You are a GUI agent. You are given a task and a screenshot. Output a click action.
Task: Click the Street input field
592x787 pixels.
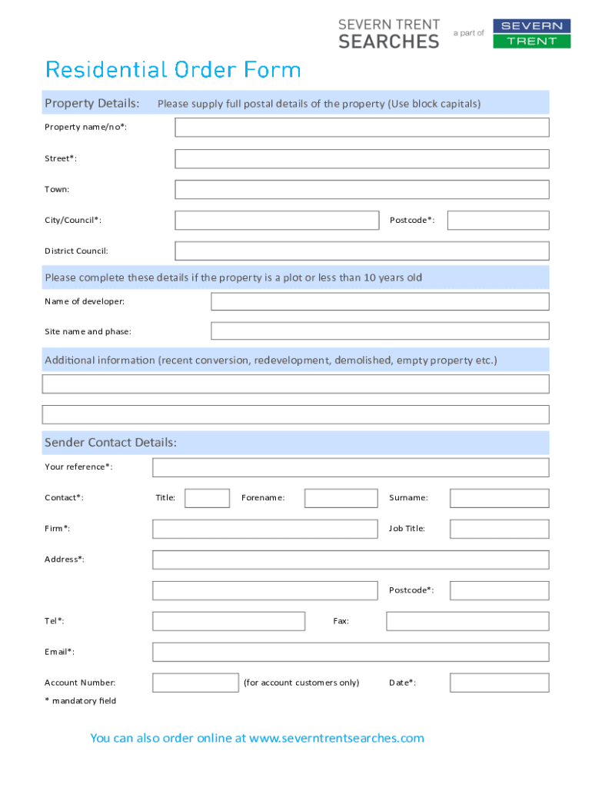pyautogui.click(x=361, y=159)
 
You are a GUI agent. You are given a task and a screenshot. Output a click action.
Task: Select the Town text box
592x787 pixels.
pyautogui.click(x=361, y=190)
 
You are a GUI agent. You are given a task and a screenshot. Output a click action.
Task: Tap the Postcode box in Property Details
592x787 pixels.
pyautogui.click(x=498, y=221)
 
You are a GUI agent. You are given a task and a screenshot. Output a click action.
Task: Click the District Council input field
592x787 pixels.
pyautogui.click(x=361, y=251)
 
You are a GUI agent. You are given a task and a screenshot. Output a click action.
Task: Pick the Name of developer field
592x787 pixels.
pyautogui.click(x=380, y=301)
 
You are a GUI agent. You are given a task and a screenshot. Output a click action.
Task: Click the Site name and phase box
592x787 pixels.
pyautogui.click(x=380, y=331)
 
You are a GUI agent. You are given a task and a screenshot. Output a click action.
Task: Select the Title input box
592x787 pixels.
pyautogui.click(x=207, y=498)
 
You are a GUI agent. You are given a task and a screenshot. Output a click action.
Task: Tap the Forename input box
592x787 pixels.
pyautogui.click(x=341, y=498)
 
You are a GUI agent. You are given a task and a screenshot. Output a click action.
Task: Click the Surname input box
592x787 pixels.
pyautogui.click(x=499, y=498)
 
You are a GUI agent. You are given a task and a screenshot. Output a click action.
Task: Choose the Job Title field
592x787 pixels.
pyautogui.click(x=499, y=529)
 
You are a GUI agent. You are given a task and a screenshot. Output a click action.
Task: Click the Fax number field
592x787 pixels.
pyautogui.click(x=467, y=621)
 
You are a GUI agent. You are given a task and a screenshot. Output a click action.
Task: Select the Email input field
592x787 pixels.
pyautogui.click(x=351, y=652)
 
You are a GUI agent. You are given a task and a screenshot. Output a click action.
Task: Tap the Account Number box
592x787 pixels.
pyautogui.click(x=195, y=682)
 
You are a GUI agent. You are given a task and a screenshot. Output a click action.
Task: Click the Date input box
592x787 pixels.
pyautogui.click(x=499, y=682)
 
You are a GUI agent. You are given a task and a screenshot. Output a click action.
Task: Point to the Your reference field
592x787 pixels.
pyautogui.click(x=351, y=467)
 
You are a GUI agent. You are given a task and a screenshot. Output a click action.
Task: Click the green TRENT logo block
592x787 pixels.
pyautogui.click(x=531, y=41)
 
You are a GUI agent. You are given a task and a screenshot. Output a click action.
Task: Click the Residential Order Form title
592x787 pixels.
pyautogui.click(x=173, y=70)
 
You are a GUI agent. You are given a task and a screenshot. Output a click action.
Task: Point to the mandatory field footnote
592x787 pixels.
pyautogui.click(x=80, y=701)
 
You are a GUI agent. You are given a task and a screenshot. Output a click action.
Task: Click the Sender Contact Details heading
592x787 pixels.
pyautogui.click(x=111, y=443)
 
